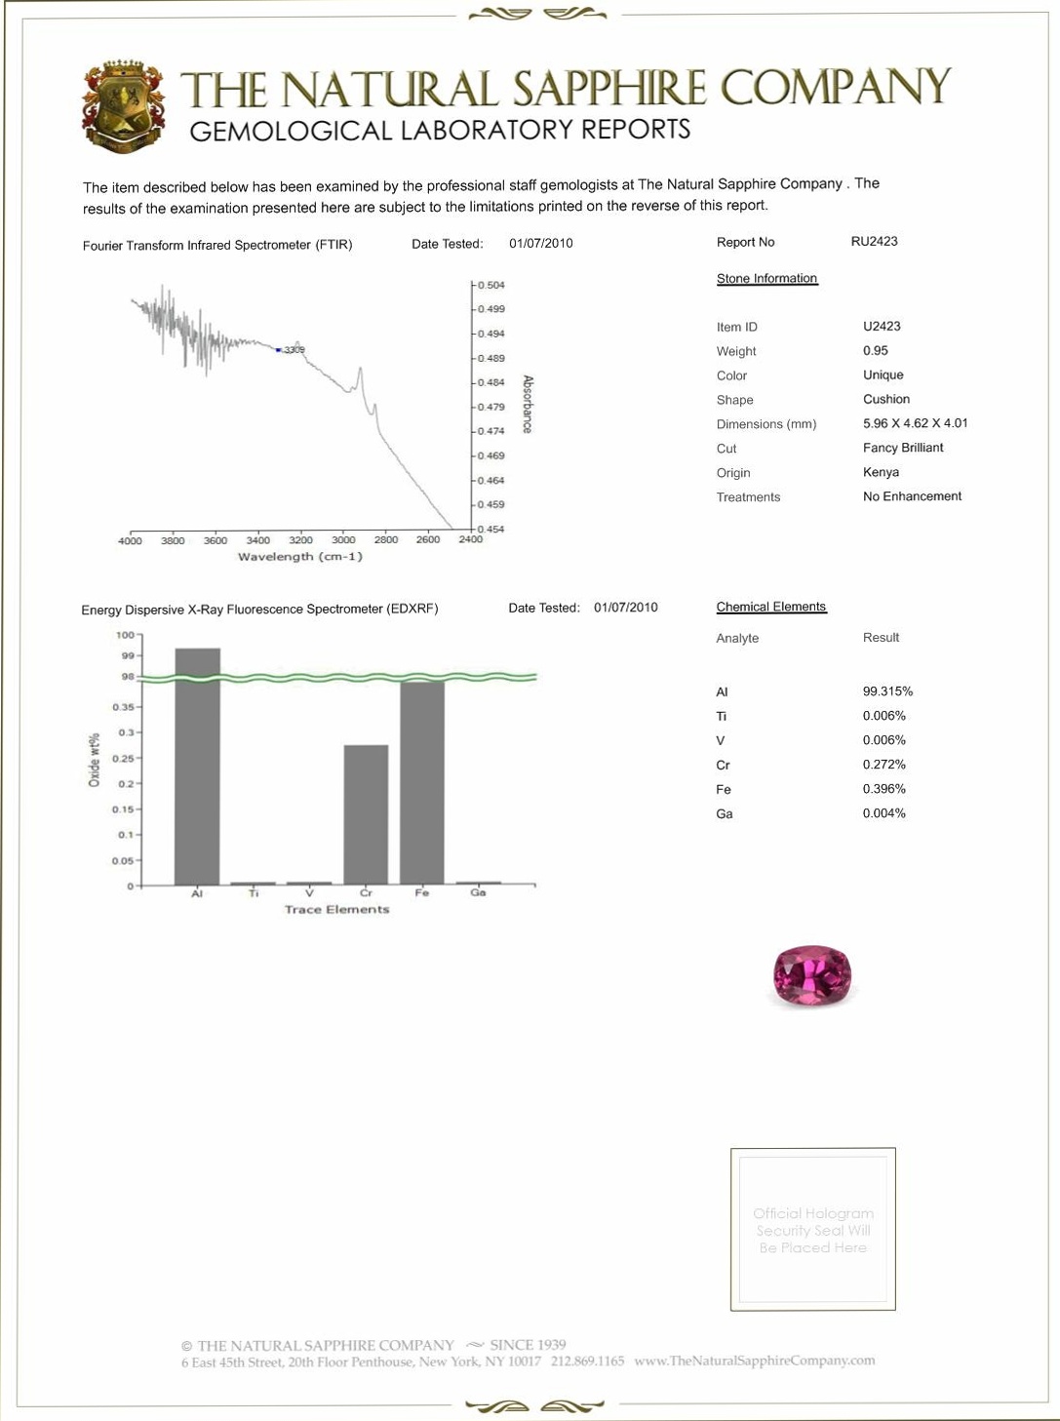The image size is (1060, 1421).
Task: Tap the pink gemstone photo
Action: pos(811,974)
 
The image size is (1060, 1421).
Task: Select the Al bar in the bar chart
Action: pos(197,766)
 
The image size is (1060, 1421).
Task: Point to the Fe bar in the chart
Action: pos(421,782)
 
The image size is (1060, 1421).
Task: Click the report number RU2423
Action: pos(874,242)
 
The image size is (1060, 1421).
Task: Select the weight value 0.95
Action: pos(875,351)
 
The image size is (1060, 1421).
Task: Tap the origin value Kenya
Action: pos(881,472)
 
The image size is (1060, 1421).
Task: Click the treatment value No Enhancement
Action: pos(912,496)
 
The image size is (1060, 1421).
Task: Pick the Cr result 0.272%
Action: pos(883,765)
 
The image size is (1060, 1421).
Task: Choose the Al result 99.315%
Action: pos(887,691)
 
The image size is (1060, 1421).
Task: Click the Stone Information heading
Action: pos(766,279)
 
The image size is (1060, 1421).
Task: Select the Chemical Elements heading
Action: pos(770,607)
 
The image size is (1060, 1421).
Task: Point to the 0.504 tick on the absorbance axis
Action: pos(491,286)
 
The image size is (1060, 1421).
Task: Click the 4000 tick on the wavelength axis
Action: pos(130,541)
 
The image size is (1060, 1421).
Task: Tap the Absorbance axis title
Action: pos(528,404)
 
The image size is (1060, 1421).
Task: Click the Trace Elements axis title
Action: pos(336,909)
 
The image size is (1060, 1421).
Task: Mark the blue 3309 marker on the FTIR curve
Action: pos(279,350)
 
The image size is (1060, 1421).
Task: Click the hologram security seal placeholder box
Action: pos(812,1229)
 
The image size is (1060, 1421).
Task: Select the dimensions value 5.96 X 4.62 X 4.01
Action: pos(915,423)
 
